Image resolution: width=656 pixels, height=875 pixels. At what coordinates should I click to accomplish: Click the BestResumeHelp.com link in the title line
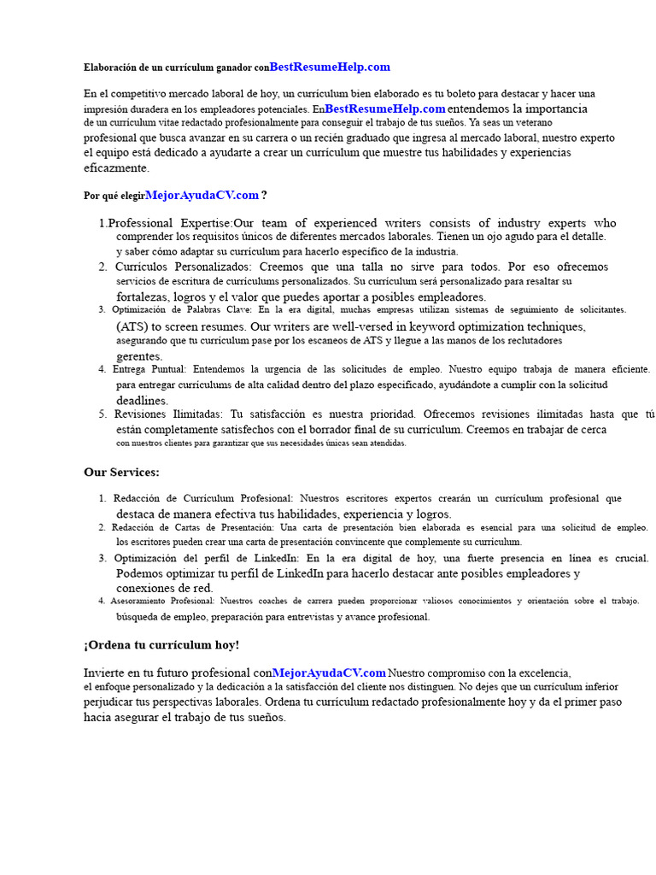pyautogui.click(x=330, y=67)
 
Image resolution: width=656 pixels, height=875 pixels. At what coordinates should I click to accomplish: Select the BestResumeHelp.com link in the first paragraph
pyautogui.click(x=385, y=109)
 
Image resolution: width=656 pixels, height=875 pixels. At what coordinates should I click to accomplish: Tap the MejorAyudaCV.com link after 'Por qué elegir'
pyautogui.click(x=202, y=195)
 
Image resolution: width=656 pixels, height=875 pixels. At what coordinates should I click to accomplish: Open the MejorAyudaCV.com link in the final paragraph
pyautogui.click(x=329, y=672)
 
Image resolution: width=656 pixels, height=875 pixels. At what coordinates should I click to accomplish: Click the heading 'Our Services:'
pyautogui.click(x=121, y=472)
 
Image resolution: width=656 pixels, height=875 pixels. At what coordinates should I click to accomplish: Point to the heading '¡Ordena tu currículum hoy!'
pyautogui.click(x=161, y=644)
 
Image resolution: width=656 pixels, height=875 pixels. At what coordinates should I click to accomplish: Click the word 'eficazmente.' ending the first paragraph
pyautogui.click(x=116, y=168)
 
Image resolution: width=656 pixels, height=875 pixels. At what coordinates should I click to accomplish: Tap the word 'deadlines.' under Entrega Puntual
pyautogui.click(x=143, y=400)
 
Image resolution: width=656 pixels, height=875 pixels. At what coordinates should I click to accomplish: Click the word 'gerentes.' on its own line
pyautogui.click(x=139, y=355)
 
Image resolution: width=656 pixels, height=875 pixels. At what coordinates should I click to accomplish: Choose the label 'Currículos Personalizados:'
pyautogui.click(x=183, y=267)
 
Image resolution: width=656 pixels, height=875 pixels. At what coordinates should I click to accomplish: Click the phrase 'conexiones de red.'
pyautogui.click(x=165, y=588)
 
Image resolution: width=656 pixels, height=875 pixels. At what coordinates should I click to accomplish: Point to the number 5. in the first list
pyautogui.click(x=102, y=414)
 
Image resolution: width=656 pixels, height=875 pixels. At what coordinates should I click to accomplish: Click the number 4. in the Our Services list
pyautogui.click(x=102, y=601)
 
